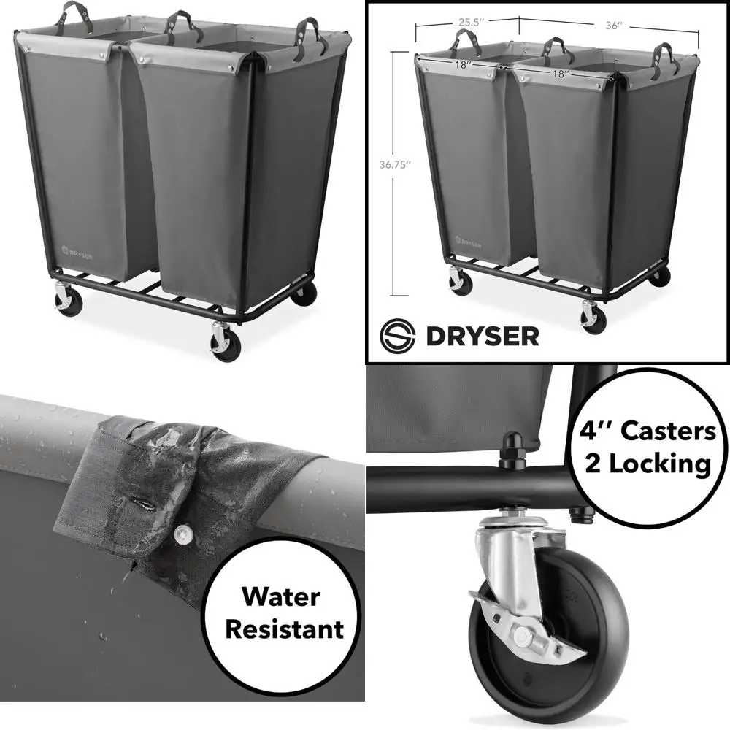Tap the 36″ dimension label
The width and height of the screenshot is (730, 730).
tap(614, 26)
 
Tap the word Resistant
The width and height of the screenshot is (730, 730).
tap(283, 629)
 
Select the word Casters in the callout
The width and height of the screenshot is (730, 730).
tap(668, 431)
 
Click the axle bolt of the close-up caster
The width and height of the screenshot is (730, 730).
tap(523, 637)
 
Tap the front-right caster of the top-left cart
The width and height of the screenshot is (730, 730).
tap(225, 340)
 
